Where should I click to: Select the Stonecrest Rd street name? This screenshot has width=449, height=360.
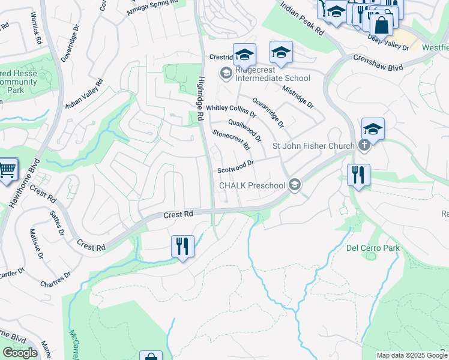pyautogui.click(x=231, y=139)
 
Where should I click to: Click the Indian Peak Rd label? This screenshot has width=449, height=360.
pyautogui.click(x=303, y=17)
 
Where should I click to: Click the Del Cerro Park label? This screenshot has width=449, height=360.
pyautogui.click(x=373, y=247)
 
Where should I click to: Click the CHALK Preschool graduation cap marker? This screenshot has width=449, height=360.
pyautogui.click(x=294, y=185)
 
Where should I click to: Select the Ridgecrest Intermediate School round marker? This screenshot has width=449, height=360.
pyautogui.click(x=226, y=73)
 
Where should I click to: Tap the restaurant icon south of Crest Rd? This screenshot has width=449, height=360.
pyautogui.click(x=182, y=246)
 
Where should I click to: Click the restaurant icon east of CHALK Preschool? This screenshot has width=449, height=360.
pyautogui.click(x=358, y=175)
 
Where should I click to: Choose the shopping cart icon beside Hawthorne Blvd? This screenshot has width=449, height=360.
pyautogui.click(x=7, y=170)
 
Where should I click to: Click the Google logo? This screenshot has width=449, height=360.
pyautogui.click(x=20, y=353)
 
